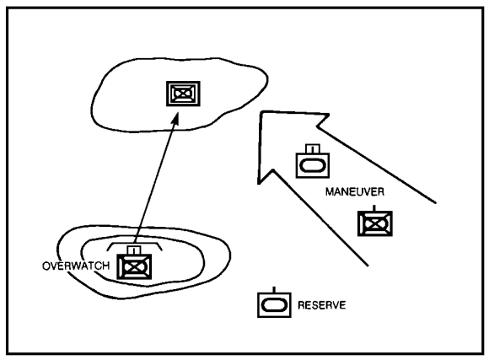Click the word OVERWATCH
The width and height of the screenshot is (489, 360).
click(x=76, y=266)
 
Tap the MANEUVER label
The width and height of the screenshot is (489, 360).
click(x=355, y=192)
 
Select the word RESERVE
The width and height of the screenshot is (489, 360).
click(x=321, y=305)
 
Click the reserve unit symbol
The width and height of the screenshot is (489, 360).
click(x=274, y=305)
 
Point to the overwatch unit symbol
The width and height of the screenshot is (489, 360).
click(x=134, y=266)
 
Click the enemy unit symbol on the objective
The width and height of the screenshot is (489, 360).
click(x=183, y=94)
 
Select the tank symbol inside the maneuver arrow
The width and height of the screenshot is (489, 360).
click(x=313, y=165)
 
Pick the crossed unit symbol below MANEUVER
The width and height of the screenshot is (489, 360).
click(x=375, y=223)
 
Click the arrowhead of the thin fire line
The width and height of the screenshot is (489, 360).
click(x=175, y=119)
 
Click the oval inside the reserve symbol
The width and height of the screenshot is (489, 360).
click(x=274, y=305)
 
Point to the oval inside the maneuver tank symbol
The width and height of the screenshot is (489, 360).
click(x=313, y=165)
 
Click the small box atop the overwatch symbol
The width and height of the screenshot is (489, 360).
click(x=134, y=250)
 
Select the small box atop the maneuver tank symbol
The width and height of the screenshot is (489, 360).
click(x=313, y=148)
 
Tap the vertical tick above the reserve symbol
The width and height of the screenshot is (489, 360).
click(x=274, y=290)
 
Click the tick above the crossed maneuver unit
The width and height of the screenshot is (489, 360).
click(x=374, y=208)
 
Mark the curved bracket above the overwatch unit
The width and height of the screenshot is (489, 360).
click(x=134, y=244)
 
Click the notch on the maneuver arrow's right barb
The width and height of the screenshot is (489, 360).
click(x=317, y=126)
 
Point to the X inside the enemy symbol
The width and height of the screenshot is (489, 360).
click(x=183, y=94)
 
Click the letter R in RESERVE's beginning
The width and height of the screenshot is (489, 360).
click(x=301, y=305)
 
